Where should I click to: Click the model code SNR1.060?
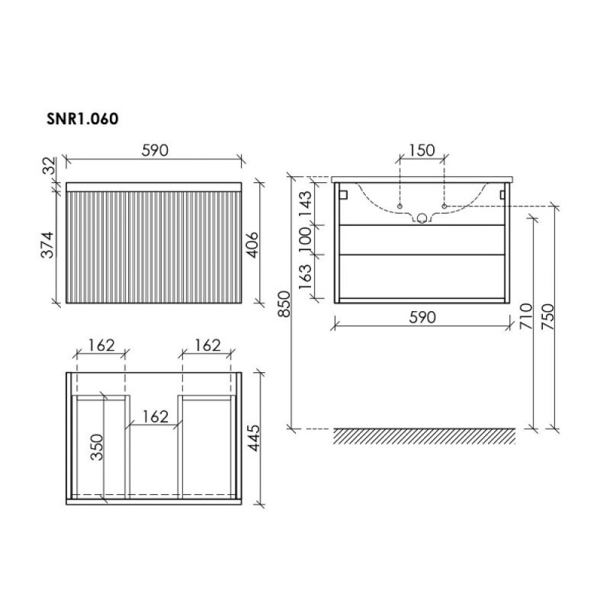tap(82, 119)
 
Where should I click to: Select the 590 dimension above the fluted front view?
tap(155, 150)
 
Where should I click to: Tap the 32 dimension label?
tap(48, 165)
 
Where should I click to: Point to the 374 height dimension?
tap(47, 245)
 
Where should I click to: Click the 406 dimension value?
tap(253, 245)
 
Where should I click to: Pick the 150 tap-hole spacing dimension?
tap(422, 150)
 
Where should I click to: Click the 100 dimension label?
tap(306, 236)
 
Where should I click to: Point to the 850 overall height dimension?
tap(284, 303)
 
